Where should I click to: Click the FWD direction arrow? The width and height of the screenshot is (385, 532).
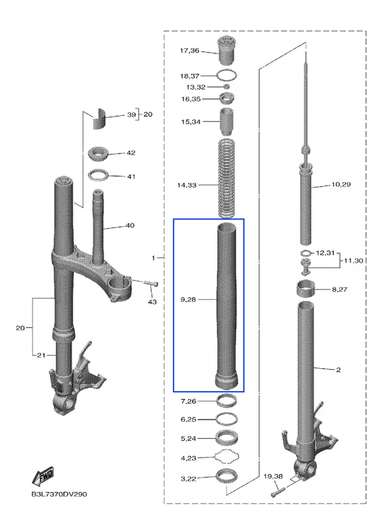click(x=43, y=475)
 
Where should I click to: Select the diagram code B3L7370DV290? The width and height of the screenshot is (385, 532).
click(x=59, y=494)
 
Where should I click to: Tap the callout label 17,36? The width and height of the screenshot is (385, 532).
click(x=190, y=51)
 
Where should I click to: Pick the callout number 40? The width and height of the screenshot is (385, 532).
click(x=130, y=225)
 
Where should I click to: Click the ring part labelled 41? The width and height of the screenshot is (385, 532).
click(x=98, y=175)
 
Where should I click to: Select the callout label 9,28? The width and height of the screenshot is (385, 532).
click(x=188, y=300)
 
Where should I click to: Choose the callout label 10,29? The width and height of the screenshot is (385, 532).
click(x=341, y=185)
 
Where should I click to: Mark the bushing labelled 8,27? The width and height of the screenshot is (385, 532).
click(x=306, y=289)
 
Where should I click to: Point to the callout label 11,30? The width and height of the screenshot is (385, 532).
click(x=354, y=261)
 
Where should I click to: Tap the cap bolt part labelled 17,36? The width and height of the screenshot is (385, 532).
click(x=227, y=51)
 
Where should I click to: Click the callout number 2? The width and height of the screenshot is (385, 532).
click(x=338, y=370)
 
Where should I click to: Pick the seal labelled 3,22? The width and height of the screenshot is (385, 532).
click(x=227, y=476)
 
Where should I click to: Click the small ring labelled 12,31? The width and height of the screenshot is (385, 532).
click(x=306, y=253)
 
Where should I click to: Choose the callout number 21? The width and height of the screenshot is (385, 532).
click(x=41, y=355)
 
